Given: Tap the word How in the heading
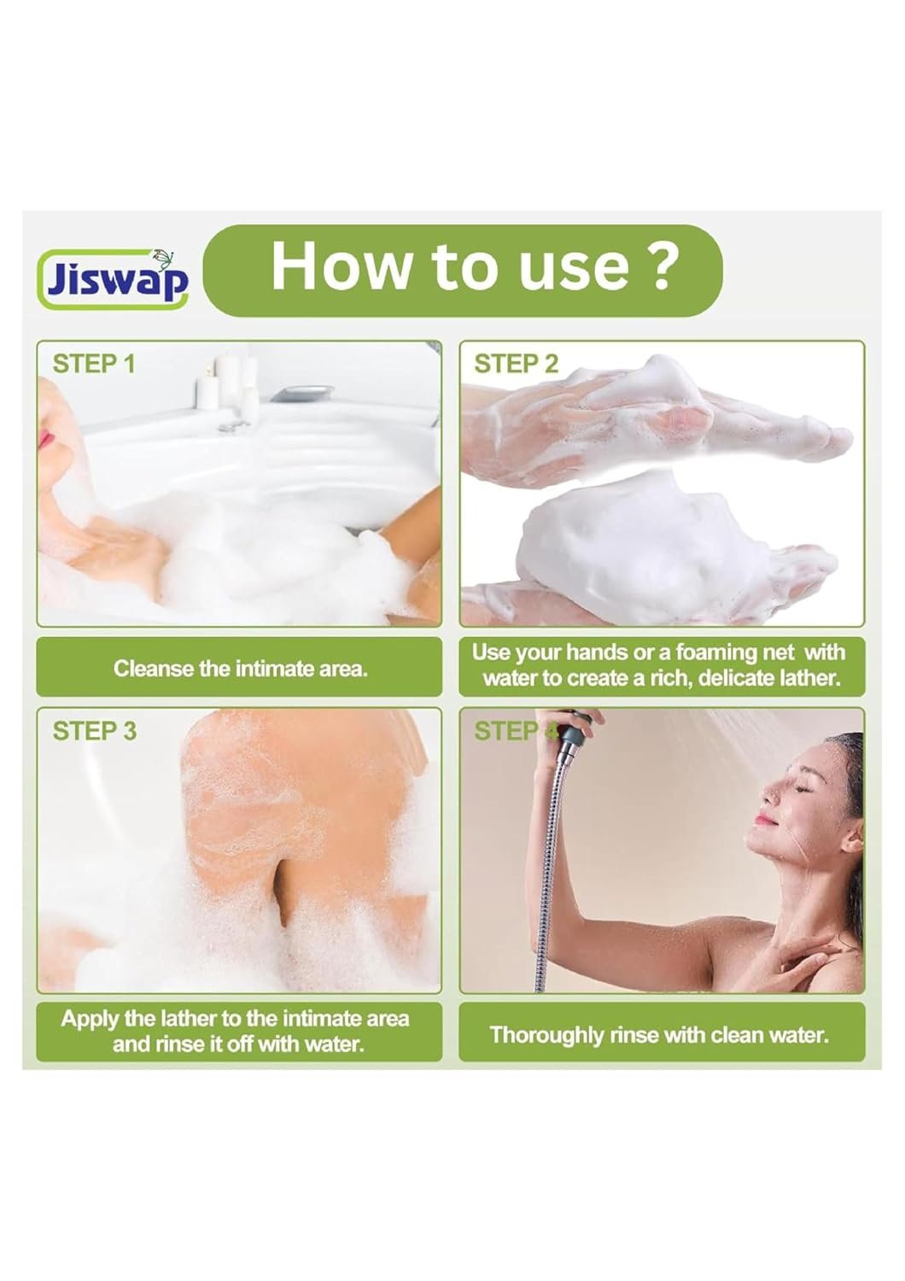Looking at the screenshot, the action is (x=340, y=265).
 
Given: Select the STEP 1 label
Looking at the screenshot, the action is (x=94, y=364).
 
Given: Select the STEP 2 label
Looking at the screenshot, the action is (x=516, y=364).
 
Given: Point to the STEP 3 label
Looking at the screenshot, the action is (x=94, y=730).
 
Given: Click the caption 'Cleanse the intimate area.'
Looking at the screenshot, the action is (x=240, y=668).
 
